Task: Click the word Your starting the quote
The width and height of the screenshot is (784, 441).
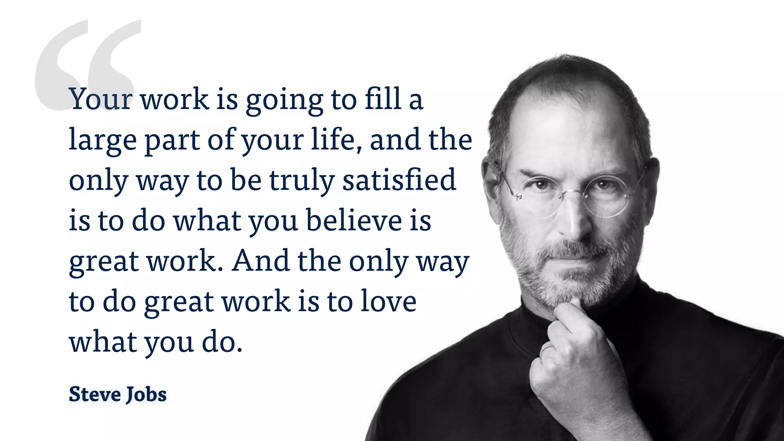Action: (101, 99)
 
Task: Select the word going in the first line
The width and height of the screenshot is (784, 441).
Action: (284, 100)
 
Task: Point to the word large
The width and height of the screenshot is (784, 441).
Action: (103, 140)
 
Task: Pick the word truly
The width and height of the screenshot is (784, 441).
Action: (302, 181)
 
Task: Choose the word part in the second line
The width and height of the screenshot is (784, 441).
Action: (172, 141)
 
